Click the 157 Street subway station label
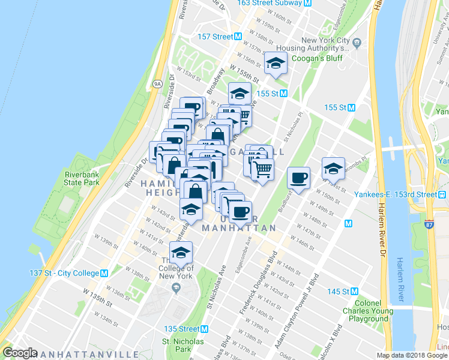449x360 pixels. click(x=215, y=37)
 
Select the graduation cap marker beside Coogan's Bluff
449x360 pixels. click(x=276, y=63)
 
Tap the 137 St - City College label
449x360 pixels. click(x=64, y=273)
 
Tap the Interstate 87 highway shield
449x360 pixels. click(x=429, y=224)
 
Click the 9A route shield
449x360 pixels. click(x=157, y=83)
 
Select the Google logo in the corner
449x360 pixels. click(x=20, y=353)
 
